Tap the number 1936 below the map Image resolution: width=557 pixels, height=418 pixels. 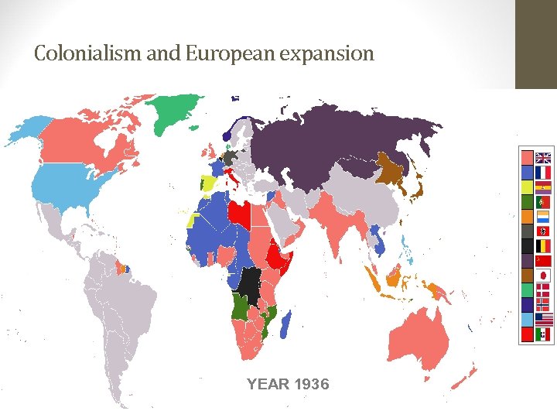(309, 384)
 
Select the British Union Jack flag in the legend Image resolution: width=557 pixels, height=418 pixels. (543, 156)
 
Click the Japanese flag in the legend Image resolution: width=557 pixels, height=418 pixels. (543, 275)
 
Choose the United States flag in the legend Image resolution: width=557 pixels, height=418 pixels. (543, 319)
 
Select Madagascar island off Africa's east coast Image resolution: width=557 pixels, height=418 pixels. (285, 322)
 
